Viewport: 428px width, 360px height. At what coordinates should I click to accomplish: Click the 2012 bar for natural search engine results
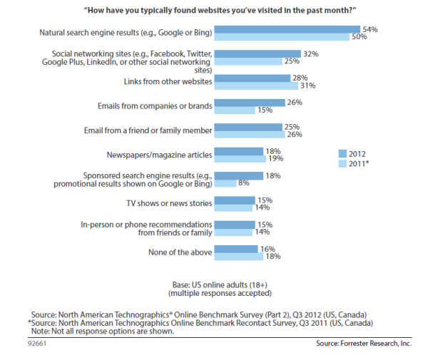287,29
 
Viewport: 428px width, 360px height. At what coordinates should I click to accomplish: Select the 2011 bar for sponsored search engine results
225,183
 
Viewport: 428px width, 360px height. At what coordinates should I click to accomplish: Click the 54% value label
370,29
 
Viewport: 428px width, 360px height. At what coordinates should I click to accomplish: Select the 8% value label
244,183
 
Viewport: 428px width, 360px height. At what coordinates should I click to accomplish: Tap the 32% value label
310,53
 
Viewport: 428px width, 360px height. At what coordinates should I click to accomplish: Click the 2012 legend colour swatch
342,153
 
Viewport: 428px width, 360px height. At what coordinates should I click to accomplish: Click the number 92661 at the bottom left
16,343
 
